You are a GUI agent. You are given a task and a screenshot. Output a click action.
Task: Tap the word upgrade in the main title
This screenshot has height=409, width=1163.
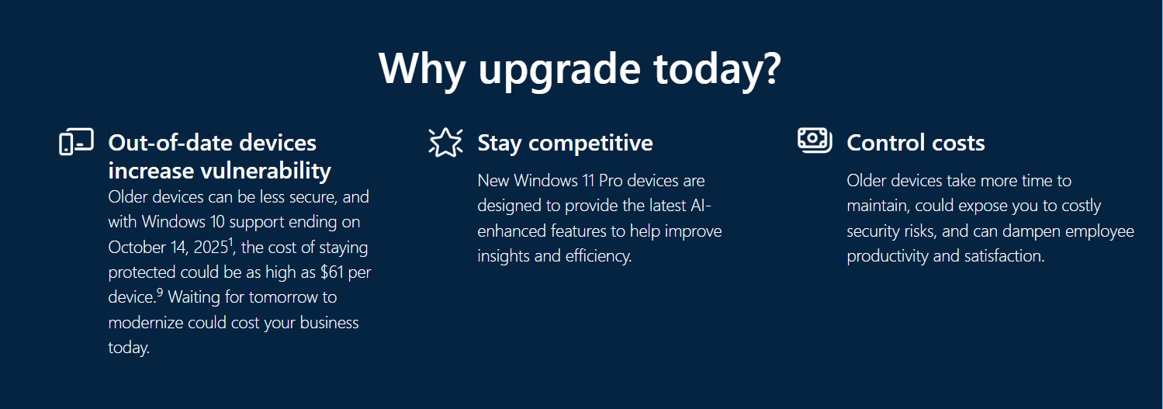pos(559,70)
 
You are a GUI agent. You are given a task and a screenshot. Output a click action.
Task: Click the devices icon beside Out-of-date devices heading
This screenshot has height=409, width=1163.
pos(76,142)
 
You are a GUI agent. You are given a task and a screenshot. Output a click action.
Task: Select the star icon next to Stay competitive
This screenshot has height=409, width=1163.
pos(445,142)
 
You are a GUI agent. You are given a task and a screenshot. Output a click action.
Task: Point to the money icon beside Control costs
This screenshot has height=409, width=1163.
pos(815,140)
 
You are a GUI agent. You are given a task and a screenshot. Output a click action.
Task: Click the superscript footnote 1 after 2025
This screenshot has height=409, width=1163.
pos(231,242)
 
